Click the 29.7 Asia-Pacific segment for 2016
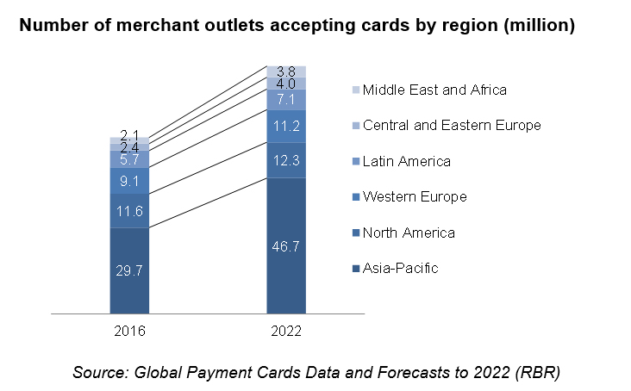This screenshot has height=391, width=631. click(130, 270)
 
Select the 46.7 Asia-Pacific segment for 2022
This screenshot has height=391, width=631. click(286, 245)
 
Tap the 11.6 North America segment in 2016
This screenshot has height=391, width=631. click(130, 211)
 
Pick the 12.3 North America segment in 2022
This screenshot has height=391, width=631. click(286, 159)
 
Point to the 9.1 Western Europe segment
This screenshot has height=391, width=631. click(130, 181)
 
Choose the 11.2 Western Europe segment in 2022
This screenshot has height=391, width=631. click(286, 127)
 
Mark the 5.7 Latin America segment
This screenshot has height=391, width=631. click(130, 159)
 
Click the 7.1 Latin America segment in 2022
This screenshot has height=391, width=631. click(286, 100)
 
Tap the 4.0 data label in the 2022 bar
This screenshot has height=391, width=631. click(286, 84)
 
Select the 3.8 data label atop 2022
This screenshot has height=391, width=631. click(286, 71)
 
